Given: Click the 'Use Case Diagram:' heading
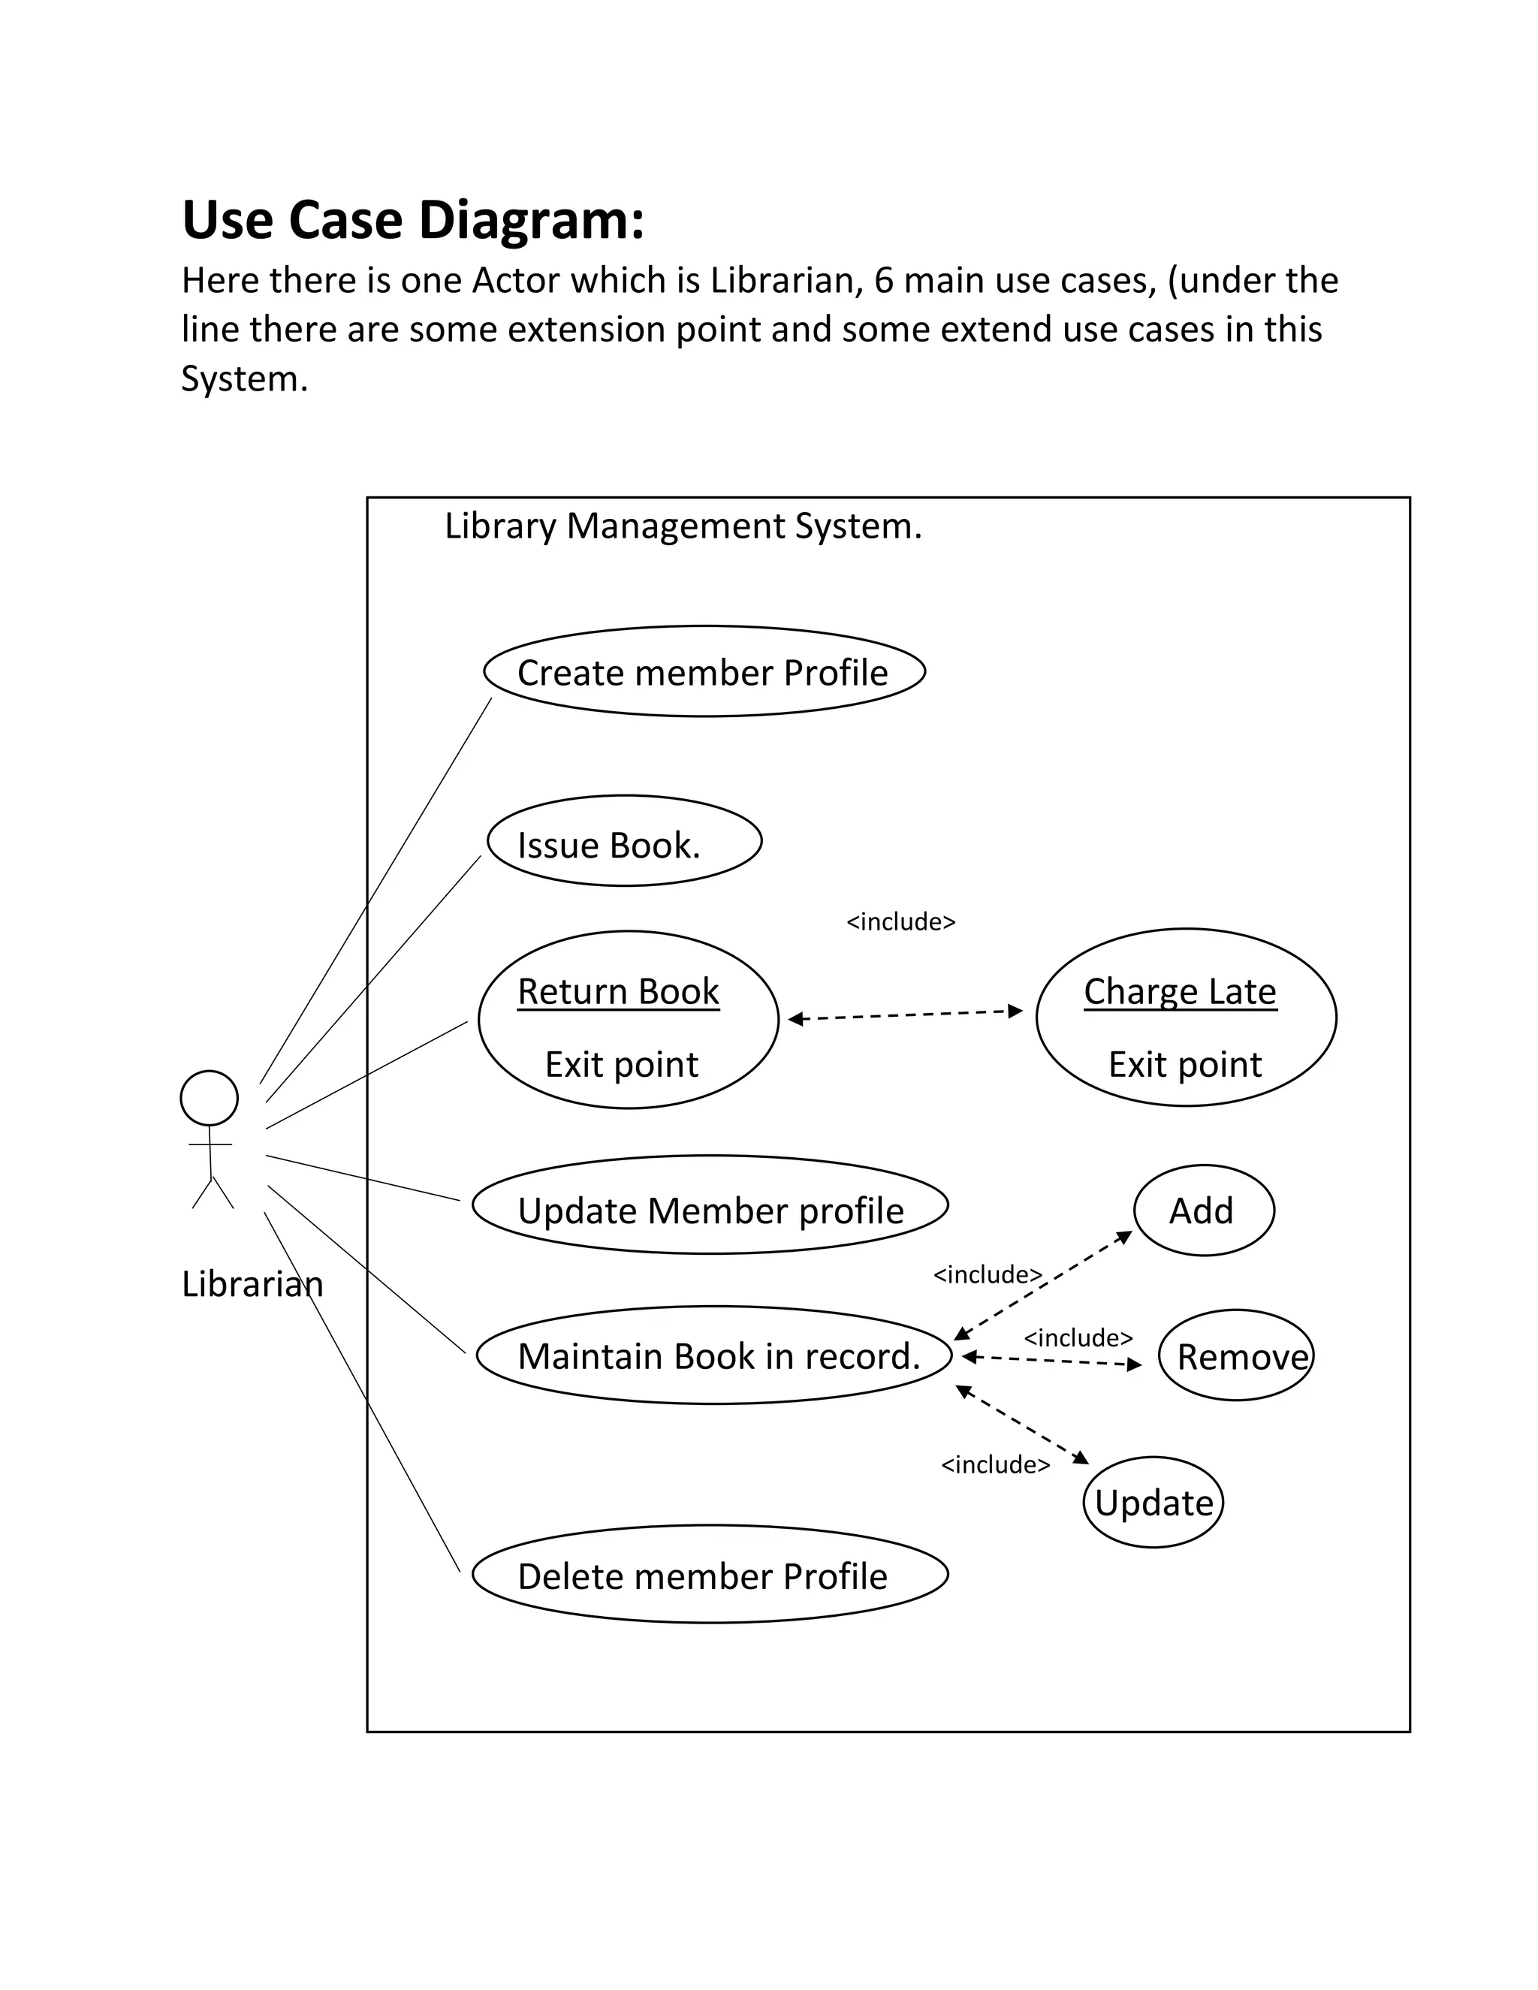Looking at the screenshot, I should point(413,221).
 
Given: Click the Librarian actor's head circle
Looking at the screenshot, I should point(209,1098).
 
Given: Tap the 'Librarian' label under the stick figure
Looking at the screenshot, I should point(252,1284).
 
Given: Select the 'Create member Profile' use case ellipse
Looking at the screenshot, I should point(704,672).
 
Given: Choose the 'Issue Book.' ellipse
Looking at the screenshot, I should point(624,842).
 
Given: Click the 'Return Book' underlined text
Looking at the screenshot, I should point(618,991).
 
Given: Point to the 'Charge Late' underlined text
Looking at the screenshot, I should point(1179,991).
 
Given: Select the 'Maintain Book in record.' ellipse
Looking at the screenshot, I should point(713,1355).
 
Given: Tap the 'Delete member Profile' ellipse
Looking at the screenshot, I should point(710,1576).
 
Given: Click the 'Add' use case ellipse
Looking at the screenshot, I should point(1203,1211).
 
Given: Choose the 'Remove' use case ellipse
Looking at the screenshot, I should point(1235,1357).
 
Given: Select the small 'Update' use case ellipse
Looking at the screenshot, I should point(1153,1503).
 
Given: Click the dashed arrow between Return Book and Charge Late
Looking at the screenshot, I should point(905,1015).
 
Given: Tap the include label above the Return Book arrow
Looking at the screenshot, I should point(900,922).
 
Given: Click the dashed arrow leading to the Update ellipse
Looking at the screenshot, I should point(1022,1425).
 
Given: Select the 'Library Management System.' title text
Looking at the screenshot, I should point(683,526).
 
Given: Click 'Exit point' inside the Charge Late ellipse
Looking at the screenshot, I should point(1184,1064).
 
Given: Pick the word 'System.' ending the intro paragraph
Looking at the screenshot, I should point(243,379).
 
